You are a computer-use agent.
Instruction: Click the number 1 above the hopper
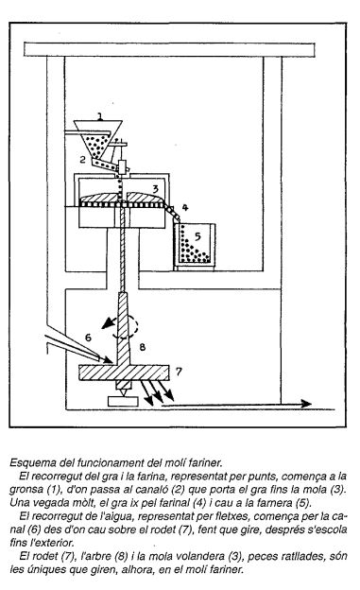pos(100,116)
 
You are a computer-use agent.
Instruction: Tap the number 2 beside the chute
pos(83,160)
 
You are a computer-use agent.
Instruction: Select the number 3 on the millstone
pos(156,188)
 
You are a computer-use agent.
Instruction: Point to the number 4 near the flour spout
pos(184,207)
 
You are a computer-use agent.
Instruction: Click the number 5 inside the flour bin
pos(197,236)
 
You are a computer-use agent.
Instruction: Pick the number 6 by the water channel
pos(88,337)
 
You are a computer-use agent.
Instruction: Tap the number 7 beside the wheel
pos(179,372)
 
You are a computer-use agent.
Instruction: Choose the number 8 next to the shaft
pos(142,347)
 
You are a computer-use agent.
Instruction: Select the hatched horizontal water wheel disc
pos(124,373)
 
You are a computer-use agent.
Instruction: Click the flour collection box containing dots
pos(195,247)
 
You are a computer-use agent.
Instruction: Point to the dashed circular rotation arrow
pos(129,326)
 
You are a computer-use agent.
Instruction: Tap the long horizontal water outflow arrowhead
pos(305,404)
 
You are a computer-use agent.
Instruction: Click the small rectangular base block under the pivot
pos(123,402)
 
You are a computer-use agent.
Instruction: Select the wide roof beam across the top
pos(169,50)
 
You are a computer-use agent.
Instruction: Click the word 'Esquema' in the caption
pos(27,462)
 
